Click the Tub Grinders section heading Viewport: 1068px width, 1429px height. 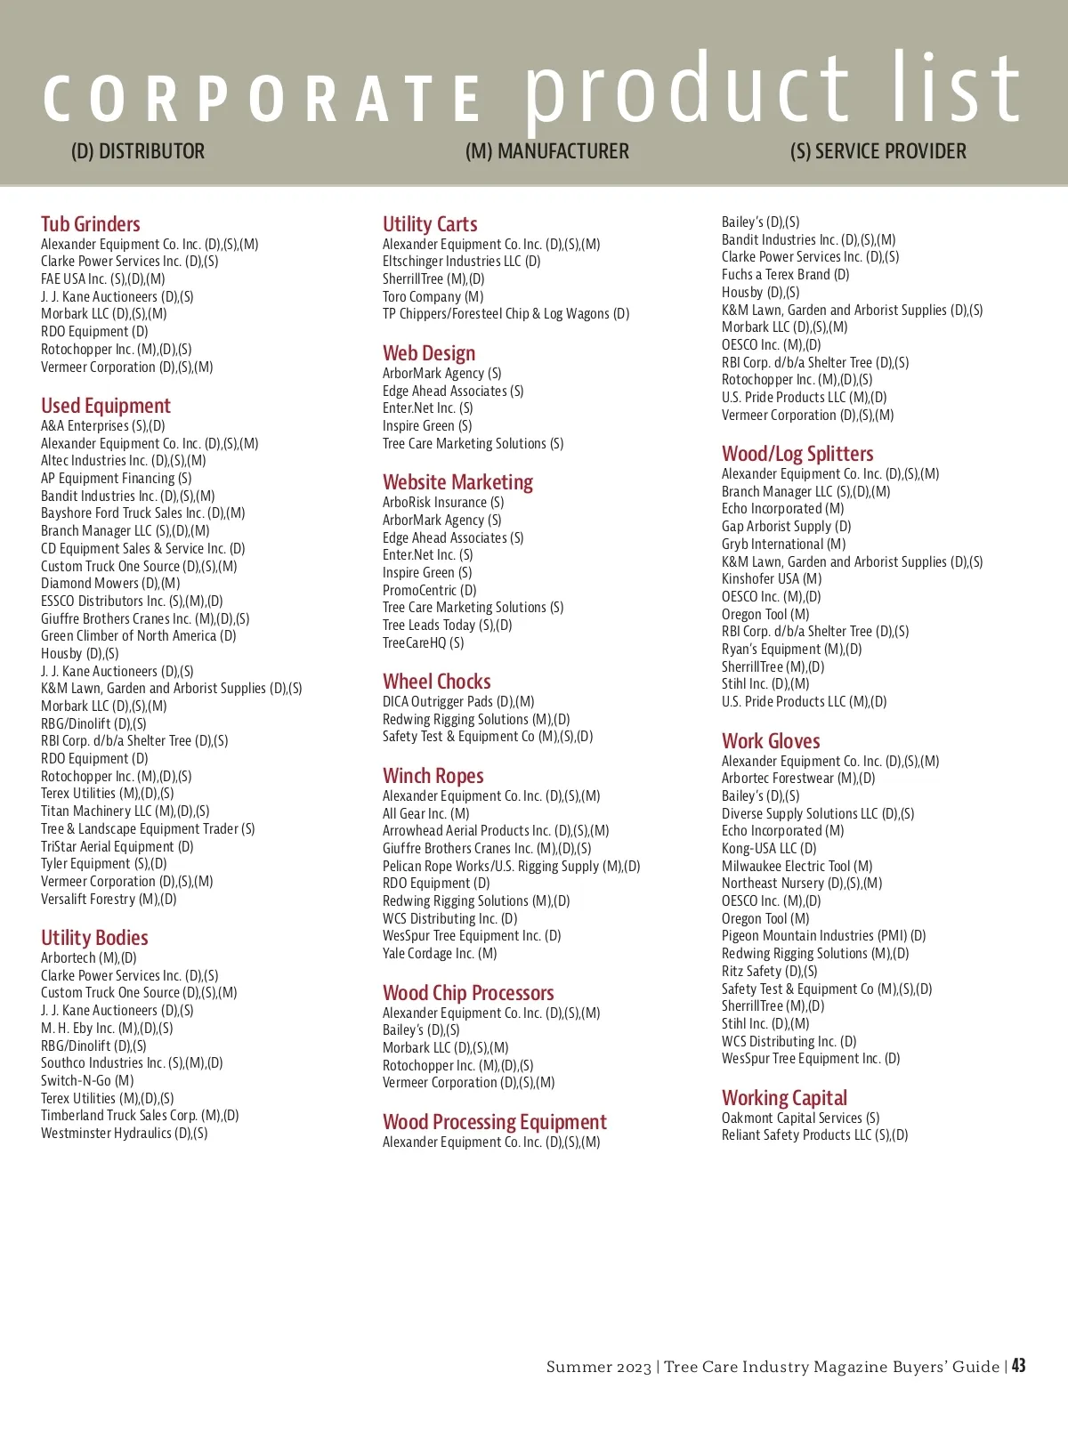tap(91, 224)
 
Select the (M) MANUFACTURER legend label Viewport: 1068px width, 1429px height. tap(546, 151)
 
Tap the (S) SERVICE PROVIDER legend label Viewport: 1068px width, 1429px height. tap(878, 151)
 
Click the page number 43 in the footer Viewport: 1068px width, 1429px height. tap(1018, 1366)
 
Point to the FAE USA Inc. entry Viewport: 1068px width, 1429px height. tap(103, 279)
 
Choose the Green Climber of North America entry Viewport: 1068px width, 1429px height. tap(139, 635)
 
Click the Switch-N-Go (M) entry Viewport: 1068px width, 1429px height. tap(87, 1080)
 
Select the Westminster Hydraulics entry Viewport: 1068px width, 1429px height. tap(125, 1133)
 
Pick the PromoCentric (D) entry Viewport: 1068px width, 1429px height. tap(430, 590)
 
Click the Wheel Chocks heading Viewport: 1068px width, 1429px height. tap(437, 682)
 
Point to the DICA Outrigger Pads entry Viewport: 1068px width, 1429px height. tap(458, 701)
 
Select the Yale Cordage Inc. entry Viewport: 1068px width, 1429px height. tap(440, 953)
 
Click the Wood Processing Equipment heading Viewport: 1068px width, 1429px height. tap(495, 1122)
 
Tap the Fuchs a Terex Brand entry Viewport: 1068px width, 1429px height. tap(786, 274)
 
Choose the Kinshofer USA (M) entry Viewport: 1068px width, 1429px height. tap(772, 578)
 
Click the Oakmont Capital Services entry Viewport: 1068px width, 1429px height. tap(801, 1118)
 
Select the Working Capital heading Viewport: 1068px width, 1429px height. tap(785, 1098)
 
